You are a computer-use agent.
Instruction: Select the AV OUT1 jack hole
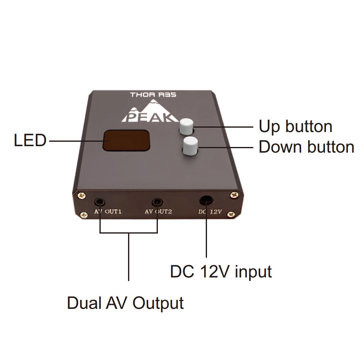point(99,202)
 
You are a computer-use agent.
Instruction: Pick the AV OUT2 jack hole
point(157,202)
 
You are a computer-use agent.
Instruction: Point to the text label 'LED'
point(30,141)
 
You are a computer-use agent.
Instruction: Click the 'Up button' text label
point(295,126)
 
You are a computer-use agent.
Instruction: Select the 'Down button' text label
point(306,147)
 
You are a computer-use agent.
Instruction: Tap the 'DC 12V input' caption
point(221,271)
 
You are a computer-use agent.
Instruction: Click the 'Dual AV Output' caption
point(125,303)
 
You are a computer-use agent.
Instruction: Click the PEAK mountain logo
point(150,112)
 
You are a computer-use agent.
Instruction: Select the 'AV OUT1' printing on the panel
point(108,211)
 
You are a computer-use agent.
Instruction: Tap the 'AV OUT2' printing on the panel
point(158,211)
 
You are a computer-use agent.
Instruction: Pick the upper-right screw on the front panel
point(234,195)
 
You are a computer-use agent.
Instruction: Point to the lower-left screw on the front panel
point(84,215)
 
